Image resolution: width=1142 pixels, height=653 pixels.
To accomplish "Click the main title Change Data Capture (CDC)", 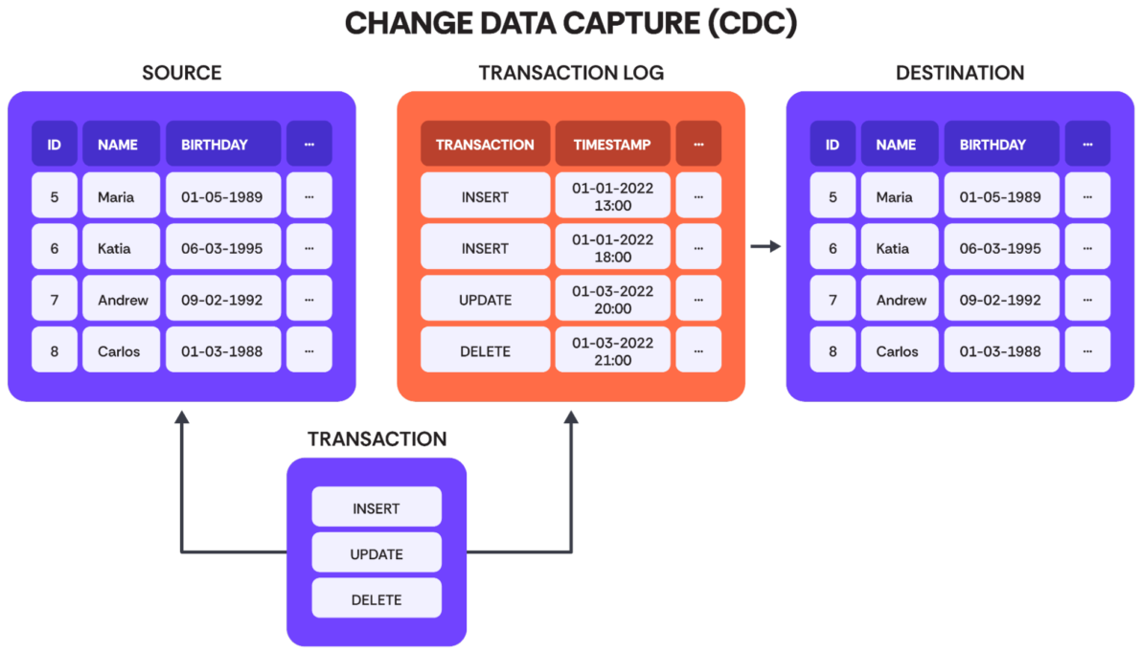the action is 570,23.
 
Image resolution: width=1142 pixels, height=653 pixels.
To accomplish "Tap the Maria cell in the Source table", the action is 121,196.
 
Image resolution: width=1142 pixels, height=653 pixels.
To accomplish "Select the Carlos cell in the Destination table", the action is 900,350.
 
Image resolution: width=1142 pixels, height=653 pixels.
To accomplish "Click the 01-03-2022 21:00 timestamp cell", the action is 612,350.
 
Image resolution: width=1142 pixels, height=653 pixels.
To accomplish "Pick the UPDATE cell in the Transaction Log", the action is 485,299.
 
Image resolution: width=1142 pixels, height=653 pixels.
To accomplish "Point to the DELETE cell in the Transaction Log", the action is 485,350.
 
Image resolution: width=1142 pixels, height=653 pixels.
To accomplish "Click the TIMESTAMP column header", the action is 612,145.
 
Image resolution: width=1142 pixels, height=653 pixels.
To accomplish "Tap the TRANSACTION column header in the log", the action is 485,145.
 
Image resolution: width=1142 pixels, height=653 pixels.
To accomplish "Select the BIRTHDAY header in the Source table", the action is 223,145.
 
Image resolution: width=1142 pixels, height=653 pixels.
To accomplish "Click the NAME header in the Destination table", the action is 900,145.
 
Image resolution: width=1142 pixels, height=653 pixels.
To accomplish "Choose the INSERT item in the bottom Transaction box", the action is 377,507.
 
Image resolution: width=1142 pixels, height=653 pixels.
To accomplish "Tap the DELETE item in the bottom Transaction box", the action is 377,598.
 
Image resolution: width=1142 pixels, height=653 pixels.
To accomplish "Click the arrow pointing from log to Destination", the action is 765,247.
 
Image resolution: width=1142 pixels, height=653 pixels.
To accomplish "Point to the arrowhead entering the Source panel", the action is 182,417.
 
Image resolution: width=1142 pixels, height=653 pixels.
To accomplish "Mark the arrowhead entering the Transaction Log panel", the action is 571,417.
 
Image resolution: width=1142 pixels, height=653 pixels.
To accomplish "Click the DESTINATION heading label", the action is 960,73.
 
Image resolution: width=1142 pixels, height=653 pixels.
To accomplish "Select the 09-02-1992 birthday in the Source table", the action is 223,299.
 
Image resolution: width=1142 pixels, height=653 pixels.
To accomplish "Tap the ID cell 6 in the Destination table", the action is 833,248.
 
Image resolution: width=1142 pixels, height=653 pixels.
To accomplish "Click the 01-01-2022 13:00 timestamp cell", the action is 612,196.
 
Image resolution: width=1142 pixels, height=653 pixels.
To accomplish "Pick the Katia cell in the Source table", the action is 121,248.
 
